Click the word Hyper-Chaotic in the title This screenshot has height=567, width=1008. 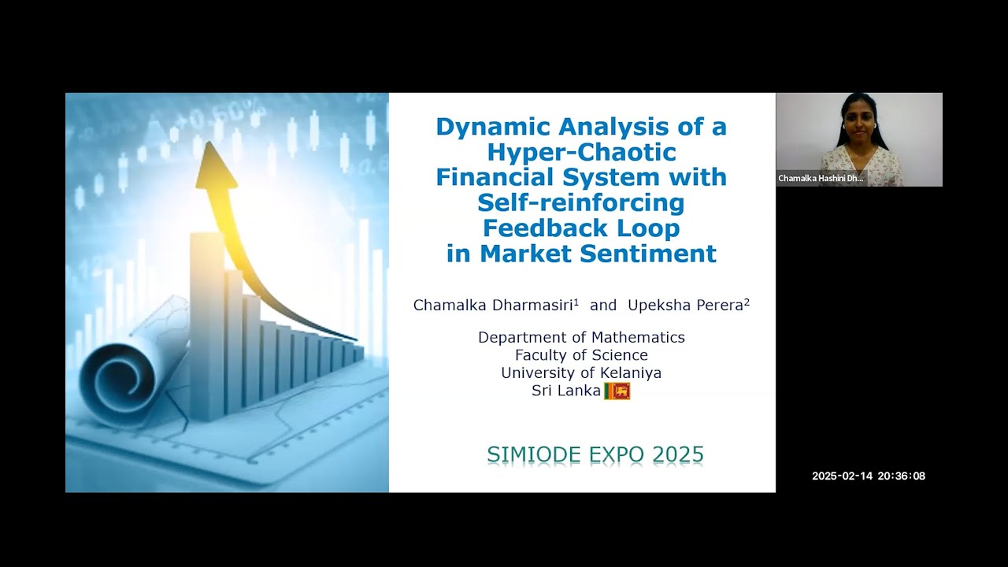coord(581,151)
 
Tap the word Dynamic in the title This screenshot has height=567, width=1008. coord(480,126)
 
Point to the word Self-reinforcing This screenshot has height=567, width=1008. coord(581,202)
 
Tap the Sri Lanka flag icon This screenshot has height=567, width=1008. coord(617,391)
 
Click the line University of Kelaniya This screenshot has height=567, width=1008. coord(581,372)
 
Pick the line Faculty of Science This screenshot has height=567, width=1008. coord(581,355)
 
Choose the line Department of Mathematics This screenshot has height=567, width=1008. coord(581,337)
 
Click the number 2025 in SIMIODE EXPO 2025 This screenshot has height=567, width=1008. coord(676,454)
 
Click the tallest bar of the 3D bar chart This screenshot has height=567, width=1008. coord(206,323)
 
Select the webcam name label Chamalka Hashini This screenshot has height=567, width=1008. coord(821,179)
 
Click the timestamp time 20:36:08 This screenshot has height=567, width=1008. coord(902,476)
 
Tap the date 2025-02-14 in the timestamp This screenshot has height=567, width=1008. coord(842,476)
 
